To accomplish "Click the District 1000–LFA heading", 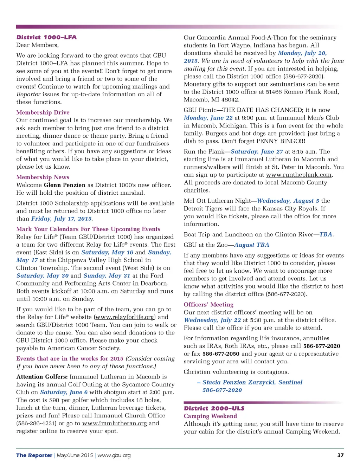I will (46, 37).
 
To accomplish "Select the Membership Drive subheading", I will (43, 112).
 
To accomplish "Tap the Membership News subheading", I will (43, 177).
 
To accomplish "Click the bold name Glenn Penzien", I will (64, 185).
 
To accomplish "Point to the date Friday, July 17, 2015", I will (62, 219).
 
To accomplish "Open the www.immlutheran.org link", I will (115, 423).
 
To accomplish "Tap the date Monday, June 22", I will (208, 118).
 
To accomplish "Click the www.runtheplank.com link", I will (299, 175).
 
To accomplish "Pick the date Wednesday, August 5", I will (288, 201).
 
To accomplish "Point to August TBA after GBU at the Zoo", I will (252, 245).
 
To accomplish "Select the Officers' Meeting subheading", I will (208, 305).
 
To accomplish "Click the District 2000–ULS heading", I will (214, 408).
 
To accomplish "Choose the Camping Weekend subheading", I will (210, 416).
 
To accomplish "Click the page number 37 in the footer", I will (340, 455).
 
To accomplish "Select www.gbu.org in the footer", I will (114, 455).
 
